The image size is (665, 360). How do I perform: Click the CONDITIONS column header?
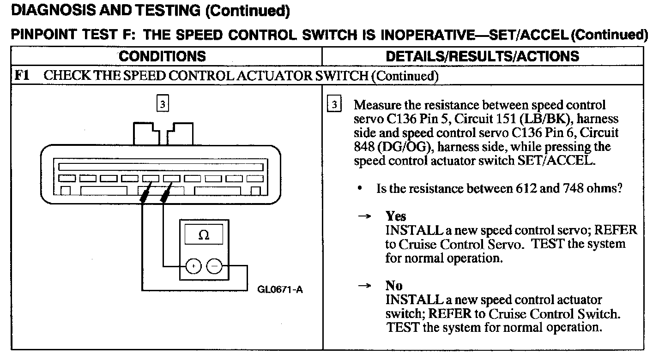(x=162, y=56)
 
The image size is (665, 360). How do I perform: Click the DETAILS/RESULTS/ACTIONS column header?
(x=482, y=56)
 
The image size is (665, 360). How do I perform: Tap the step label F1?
(x=22, y=75)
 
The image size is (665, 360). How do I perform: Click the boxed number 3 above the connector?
(x=162, y=104)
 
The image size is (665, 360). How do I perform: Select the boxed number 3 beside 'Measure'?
(x=334, y=104)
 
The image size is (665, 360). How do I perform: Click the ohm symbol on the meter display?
(x=203, y=235)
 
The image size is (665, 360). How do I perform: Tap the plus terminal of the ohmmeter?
(x=193, y=266)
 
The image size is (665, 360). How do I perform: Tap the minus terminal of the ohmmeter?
(x=214, y=266)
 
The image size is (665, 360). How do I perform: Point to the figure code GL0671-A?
(x=280, y=290)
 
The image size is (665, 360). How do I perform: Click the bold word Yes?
(x=396, y=216)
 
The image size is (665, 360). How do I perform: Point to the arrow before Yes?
(x=366, y=216)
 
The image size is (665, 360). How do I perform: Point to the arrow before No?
(x=366, y=286)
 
